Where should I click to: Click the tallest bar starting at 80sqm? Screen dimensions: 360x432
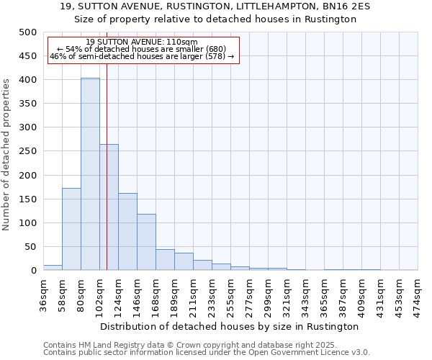pos(90,174)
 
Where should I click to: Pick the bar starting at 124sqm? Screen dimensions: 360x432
pos(127,232)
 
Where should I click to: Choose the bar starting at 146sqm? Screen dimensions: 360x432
pos(146,242)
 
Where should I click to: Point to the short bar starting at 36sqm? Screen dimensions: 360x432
pos(53,267)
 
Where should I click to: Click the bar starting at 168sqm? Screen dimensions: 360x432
pos(165,260)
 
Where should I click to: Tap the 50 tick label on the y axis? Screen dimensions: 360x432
pos(30,247)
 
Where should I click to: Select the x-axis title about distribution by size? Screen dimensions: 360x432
pos(230,326)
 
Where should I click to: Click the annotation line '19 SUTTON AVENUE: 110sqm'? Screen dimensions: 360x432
pos(141,42)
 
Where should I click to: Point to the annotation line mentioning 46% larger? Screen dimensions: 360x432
pos(142,56)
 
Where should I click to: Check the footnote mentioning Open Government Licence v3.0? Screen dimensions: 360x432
pos(207,352)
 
